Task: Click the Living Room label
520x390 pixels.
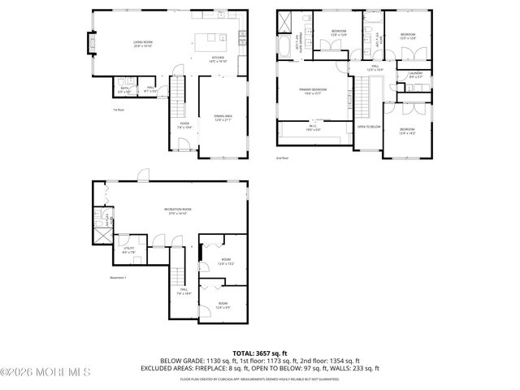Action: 143,45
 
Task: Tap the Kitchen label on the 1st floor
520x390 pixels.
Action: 218,59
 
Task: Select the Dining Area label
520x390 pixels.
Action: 223,119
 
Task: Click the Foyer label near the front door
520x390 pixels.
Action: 184,125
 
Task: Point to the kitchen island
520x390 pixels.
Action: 214,37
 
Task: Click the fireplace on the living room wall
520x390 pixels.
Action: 90,41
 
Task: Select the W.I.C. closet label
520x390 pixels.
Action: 313,128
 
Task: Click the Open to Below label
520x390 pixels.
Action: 369,127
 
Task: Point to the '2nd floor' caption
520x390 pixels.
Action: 282,158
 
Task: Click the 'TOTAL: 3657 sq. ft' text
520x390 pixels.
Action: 259,353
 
